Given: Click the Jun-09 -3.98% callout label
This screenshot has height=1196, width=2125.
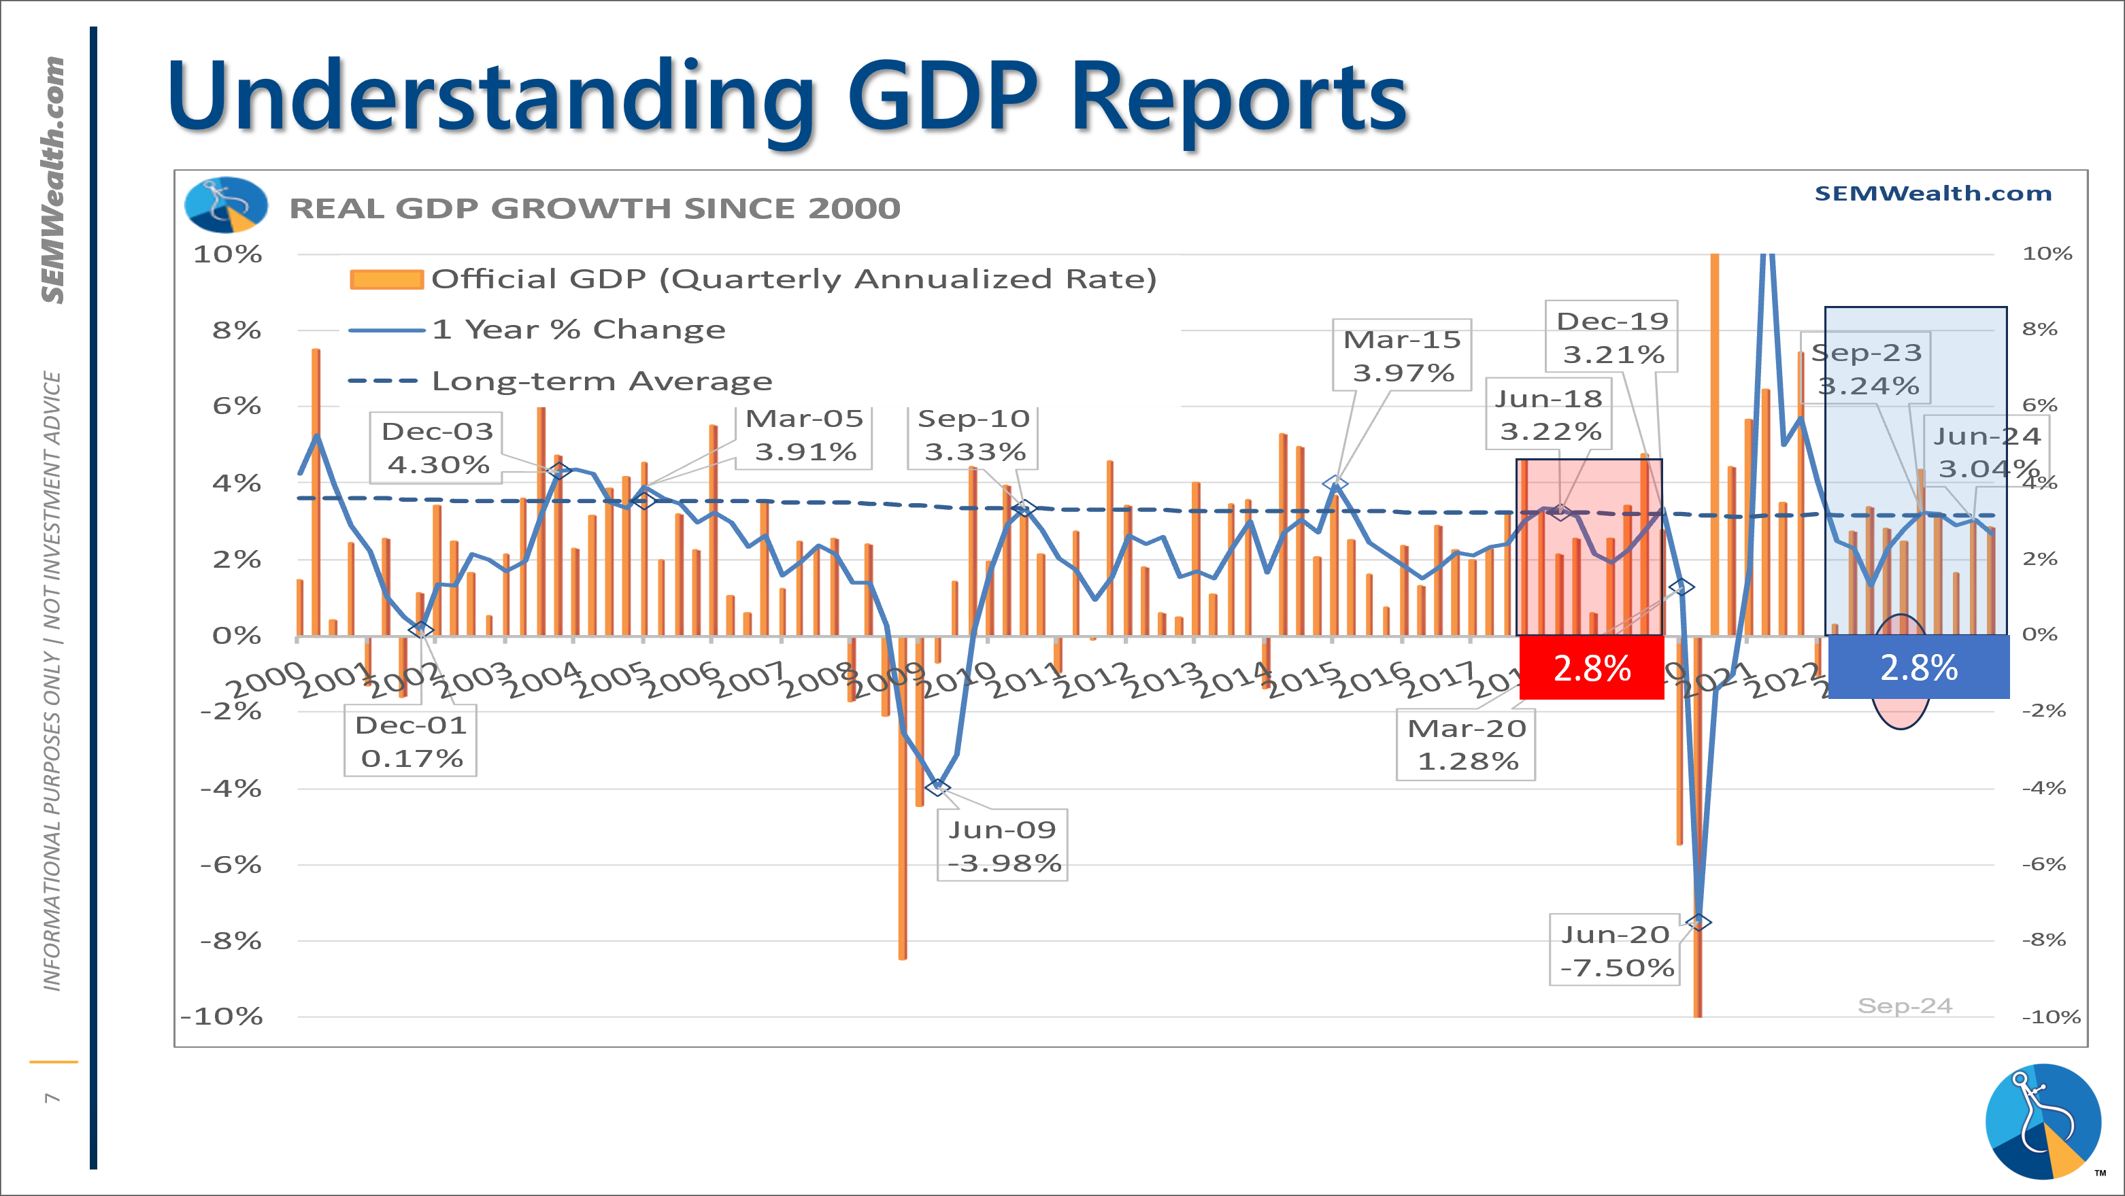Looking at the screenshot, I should [x=1002, y=845].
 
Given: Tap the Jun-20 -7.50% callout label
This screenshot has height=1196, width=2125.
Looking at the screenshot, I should [x=1616, y=950].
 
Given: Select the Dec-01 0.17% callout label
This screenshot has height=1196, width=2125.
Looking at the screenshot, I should [x=411, y=740].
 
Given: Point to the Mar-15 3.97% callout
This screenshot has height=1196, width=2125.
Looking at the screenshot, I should [x=1403, y=356].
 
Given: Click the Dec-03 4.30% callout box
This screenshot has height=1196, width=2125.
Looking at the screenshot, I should [x=437, y=448].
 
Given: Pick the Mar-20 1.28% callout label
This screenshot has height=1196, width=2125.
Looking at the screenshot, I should [x=1466, y=745].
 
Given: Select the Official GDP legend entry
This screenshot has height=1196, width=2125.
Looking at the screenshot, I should [x=752, y=279].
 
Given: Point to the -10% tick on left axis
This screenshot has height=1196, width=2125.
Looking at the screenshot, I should [x=222, y=1016].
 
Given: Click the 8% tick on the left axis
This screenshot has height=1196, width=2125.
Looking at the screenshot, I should [x=237, y=330].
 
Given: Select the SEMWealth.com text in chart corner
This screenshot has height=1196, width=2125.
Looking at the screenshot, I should [x=1932, y=193].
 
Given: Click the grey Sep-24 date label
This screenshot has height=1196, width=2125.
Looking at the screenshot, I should [x=1905, y=1006].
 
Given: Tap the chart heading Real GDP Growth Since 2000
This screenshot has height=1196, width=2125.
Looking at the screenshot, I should [x=595, y=209].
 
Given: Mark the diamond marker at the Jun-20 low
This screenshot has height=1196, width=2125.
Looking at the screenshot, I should [x=1699, y=922].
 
